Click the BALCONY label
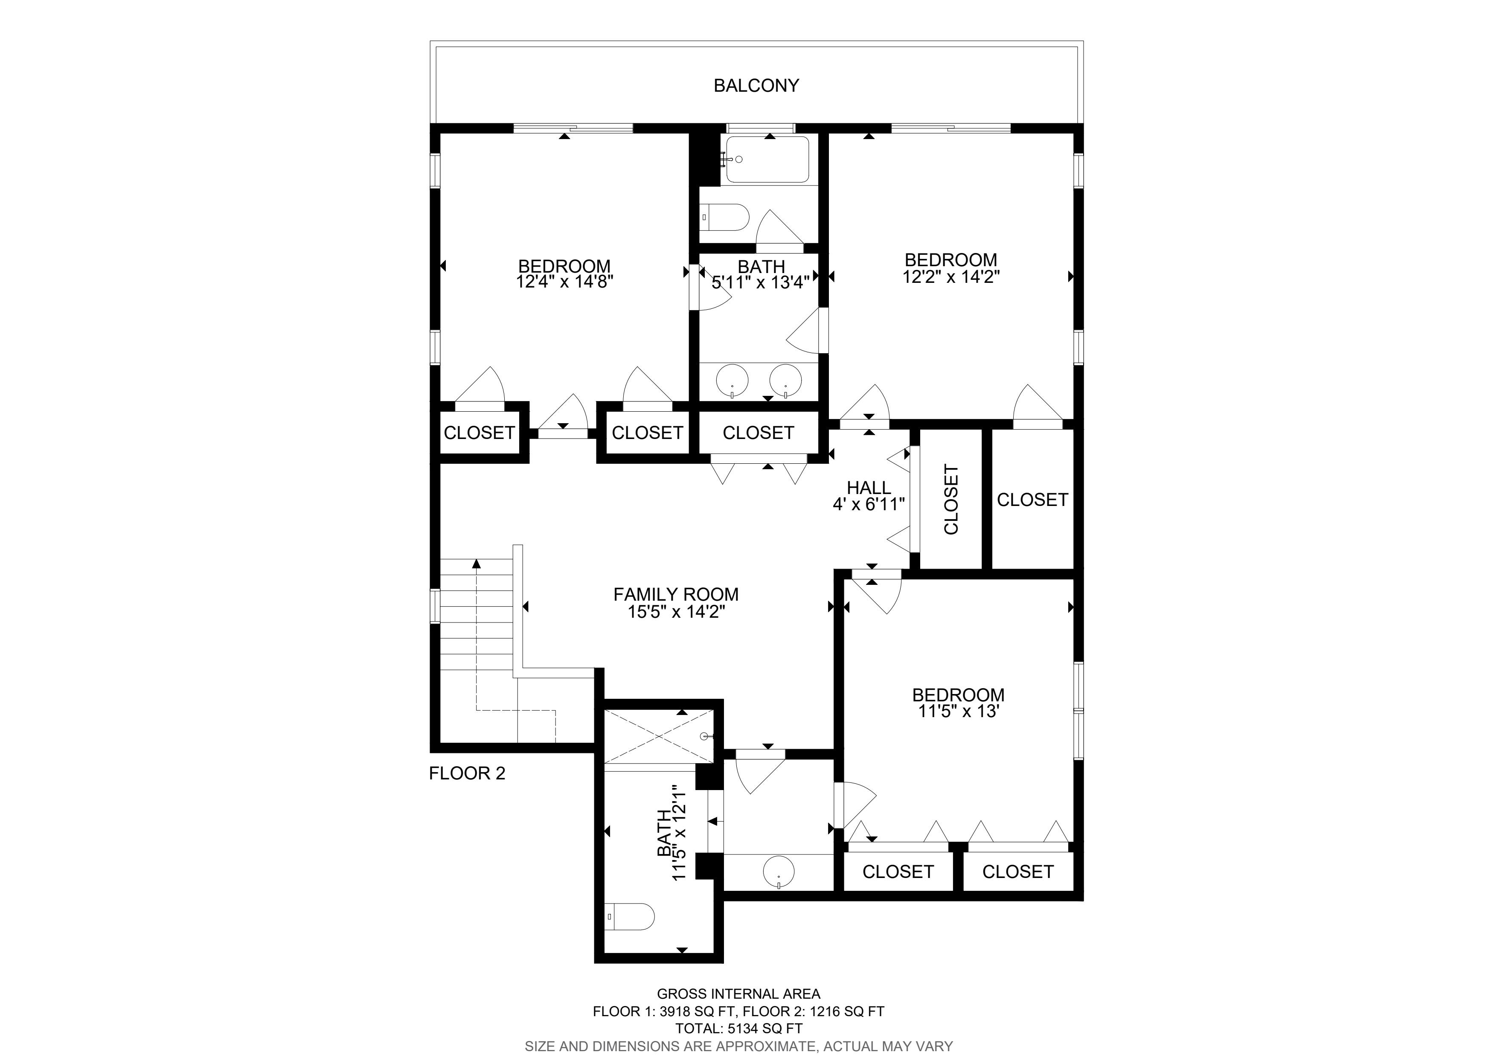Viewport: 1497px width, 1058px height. click(756, 85)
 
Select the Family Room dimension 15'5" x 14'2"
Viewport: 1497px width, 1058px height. click(676, 611)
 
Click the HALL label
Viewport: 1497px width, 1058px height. click(869, 488)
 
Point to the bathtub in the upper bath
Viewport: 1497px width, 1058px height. click(767, 160)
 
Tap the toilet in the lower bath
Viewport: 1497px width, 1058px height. click(629, 916)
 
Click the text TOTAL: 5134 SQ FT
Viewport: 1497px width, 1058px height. click(739, 1029)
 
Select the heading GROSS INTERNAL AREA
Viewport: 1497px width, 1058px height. click(739, 994)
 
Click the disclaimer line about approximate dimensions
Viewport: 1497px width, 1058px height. click(739, 1046)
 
